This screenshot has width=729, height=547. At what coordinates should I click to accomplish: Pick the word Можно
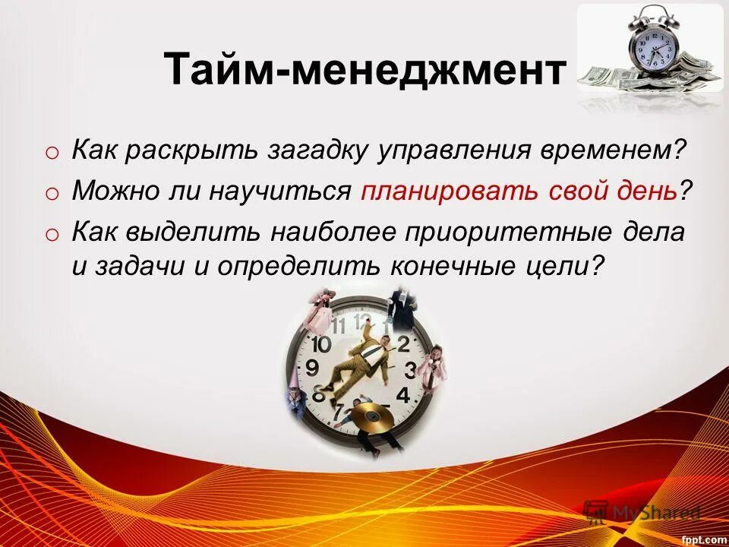pos(114,191)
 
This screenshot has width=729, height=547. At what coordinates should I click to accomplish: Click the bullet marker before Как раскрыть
pos(51,153)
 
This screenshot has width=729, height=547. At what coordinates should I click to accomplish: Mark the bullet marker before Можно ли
pos(51,194)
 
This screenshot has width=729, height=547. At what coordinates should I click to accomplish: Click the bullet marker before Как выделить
pos(51,235)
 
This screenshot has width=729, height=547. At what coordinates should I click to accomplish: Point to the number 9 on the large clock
pos(312,369)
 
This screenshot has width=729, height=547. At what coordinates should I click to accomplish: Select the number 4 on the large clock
pos(403,395)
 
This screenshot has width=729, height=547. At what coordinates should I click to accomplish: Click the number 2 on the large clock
pos(403,343)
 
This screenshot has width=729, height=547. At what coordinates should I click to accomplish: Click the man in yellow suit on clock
pos(364,357)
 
